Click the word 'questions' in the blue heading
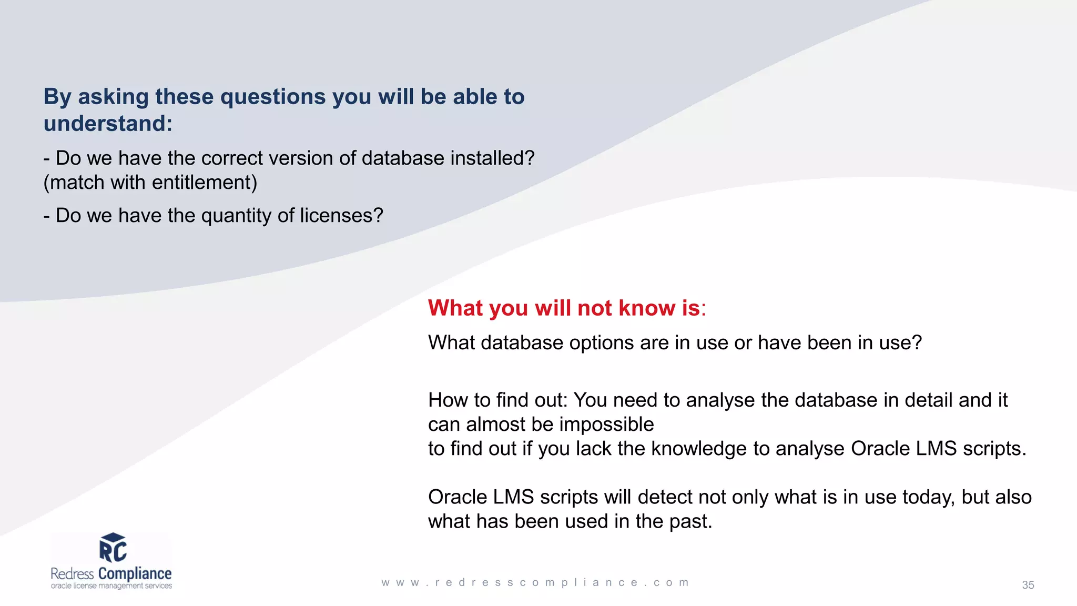tap(273, 97)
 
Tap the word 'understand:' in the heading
tap(108, 124)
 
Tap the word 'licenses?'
tap(341, 216)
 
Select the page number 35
tap(1028, 585)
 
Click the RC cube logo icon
tap(113, 548)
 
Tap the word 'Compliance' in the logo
tap(135, 573)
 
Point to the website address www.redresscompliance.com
tap(535, 583)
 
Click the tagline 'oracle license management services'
tap(111, 586)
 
